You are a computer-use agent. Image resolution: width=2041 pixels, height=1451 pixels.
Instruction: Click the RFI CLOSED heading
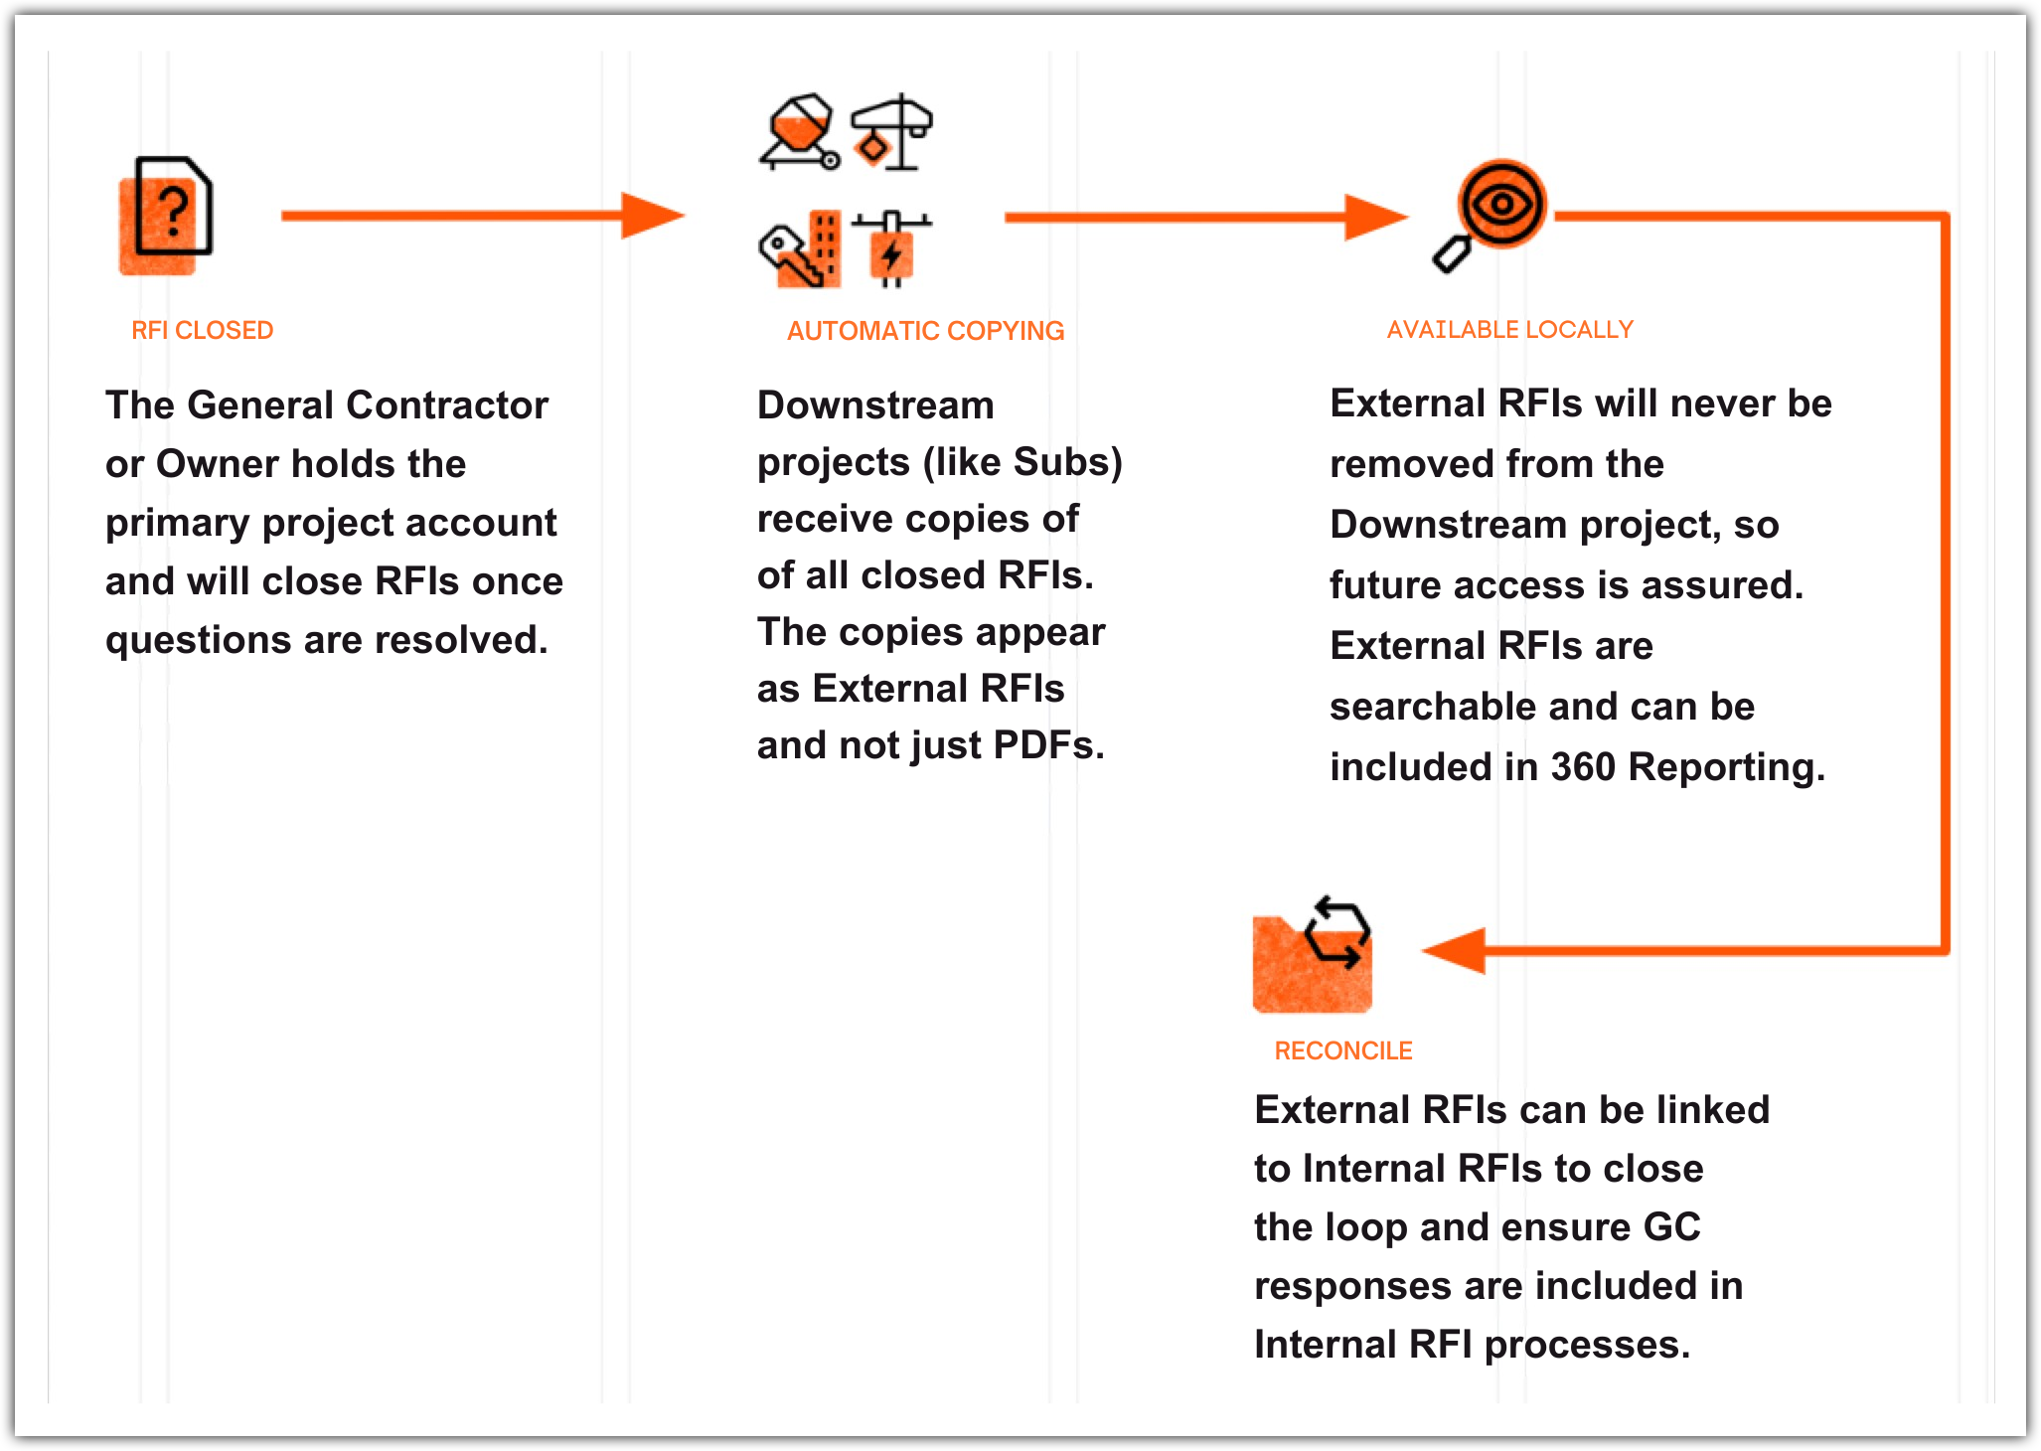pyautogui.click(x=202, y=331)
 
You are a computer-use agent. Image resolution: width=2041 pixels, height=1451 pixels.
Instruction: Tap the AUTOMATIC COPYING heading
pyautogui.click(x=925, y=331)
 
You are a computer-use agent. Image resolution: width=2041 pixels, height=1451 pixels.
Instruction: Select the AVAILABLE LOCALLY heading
pyautogui.click(x=1509, y=330)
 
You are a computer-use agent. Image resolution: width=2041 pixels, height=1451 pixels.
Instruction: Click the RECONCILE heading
pyautogui.click(x=1342, y=1050)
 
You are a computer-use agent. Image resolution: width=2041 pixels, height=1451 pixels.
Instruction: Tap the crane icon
pyautogui.click(x=892, y=132)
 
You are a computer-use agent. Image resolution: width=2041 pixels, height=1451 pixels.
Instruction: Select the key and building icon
pyautogui.click(x=800, y=249)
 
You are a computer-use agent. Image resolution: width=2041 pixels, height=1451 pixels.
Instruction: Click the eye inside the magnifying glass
pyautogui.click(x=1501, y=205)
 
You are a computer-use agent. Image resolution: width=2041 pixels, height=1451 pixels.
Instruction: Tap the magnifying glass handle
pyautogui.click(x=1452, y=255)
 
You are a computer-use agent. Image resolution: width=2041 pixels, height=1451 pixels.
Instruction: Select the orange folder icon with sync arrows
pyautogui.click(x=1312, y=956)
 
